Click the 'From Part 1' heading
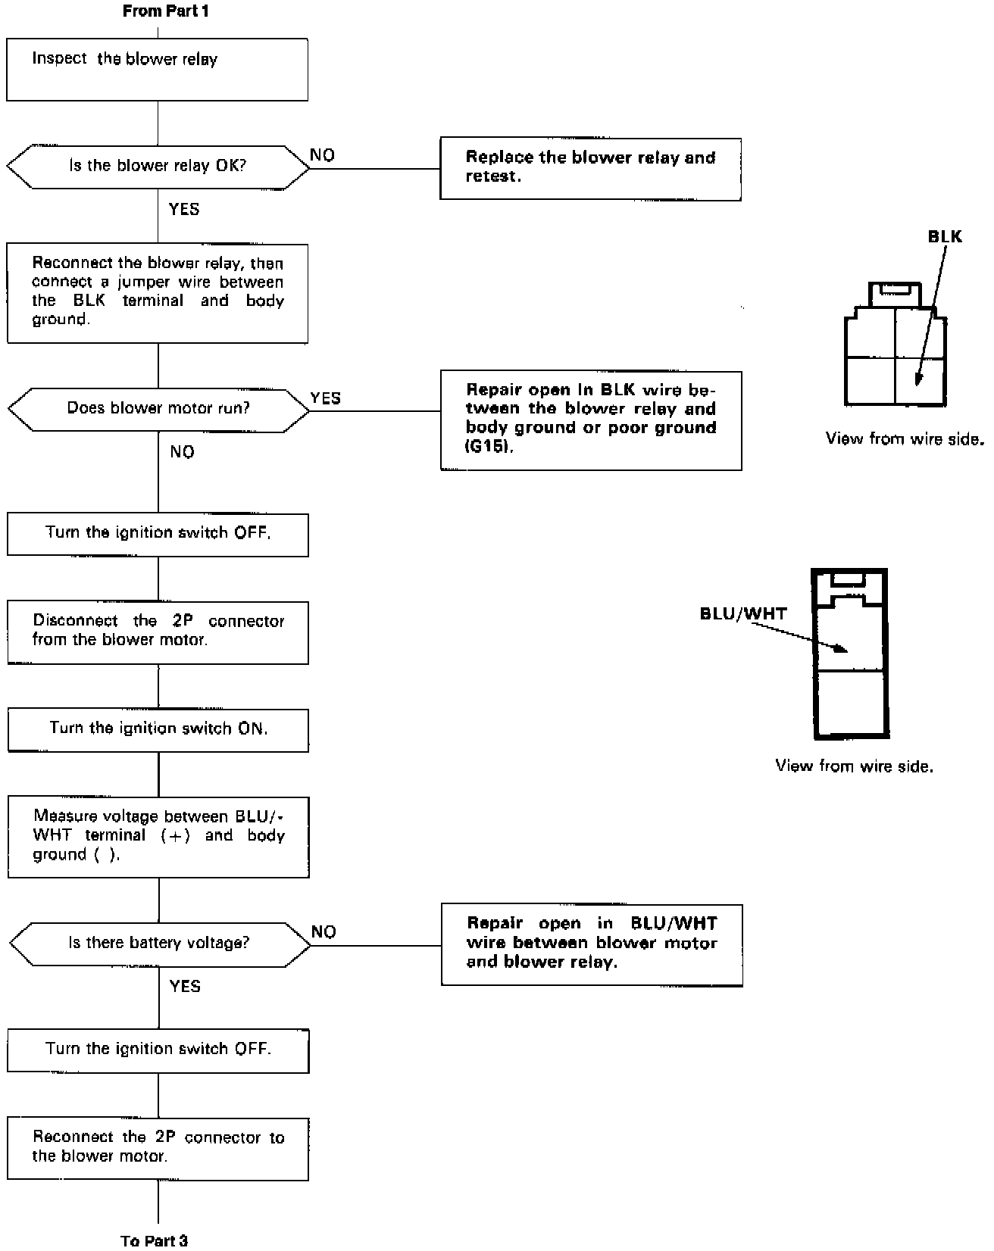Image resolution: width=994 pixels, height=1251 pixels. pos(165,11)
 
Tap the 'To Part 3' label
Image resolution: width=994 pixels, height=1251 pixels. pos(154,1240)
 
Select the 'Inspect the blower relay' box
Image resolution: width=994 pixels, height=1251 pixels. pos(157,70)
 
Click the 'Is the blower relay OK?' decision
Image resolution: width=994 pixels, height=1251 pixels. pos(158,167)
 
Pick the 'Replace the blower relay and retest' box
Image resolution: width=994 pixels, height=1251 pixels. pos(590,169)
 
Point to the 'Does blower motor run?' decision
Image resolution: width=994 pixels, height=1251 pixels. pos(158,410)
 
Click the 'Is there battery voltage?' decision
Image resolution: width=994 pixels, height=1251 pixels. pos(159,944)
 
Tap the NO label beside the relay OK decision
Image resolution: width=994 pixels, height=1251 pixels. pos(323,155)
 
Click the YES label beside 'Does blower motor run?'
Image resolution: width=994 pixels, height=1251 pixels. pos(326,398)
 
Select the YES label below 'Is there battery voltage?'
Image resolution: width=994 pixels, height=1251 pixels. pos(186,986)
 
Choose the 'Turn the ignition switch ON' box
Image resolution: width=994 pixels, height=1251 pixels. pos(158,729)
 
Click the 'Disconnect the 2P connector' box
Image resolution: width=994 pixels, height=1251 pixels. pos(158,632)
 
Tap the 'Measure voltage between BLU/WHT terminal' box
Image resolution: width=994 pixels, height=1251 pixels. pos(158,837)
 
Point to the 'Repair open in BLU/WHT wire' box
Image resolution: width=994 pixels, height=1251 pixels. pos(591,944)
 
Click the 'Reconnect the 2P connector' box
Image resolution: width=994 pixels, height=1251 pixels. pos(158,1148)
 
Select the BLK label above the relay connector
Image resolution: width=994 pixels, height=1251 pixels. pos(945,237)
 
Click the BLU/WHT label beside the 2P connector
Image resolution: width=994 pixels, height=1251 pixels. pos(743,613)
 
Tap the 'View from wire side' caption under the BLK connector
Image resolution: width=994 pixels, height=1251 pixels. pos(905,439)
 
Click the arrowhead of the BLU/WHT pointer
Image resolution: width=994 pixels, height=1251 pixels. pos(843,650)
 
